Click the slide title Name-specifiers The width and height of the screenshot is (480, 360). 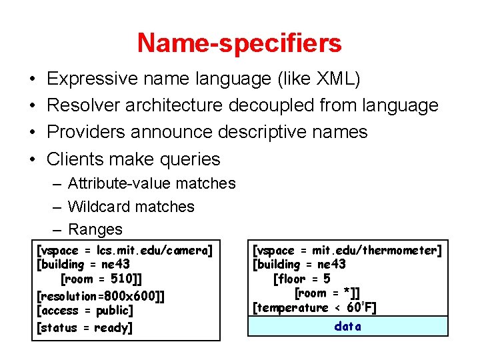(239, 43)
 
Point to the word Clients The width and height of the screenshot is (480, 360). (77, 159)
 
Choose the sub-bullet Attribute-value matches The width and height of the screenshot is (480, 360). (151, 183)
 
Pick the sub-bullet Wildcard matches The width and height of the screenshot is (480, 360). (131, 207)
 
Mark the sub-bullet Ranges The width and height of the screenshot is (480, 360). (95, 229)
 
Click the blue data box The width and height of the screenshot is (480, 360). (347, 326)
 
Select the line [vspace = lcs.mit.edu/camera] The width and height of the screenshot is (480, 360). (125, 250)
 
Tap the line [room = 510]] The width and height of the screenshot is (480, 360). (101, 279)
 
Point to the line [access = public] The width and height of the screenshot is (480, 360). (85, 311)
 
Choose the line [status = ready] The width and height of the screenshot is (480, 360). (85, 327)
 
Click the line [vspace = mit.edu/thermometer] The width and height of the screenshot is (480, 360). (347, 250)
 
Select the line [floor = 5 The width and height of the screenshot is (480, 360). (301, 279)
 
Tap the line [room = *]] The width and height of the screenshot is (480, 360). (327, 293)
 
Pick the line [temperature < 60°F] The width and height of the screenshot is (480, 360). (315, 308)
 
